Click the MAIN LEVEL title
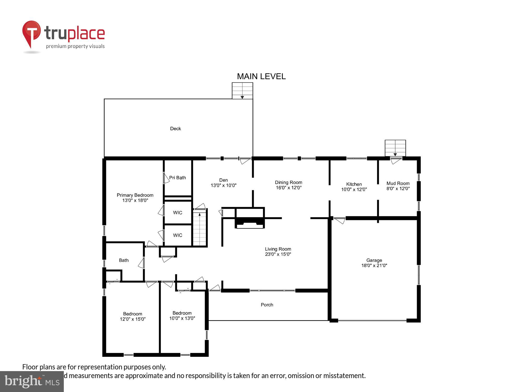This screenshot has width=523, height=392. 261,76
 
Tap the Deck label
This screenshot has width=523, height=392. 175,129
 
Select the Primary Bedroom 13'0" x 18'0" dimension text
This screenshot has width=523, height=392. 135,200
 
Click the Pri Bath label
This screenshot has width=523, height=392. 177,178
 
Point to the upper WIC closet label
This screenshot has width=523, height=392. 178,213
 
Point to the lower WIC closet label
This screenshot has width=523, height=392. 178,235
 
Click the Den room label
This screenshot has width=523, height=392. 223,180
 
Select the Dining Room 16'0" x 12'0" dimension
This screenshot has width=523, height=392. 288,188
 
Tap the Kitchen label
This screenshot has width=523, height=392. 354,184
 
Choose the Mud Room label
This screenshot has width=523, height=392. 398,183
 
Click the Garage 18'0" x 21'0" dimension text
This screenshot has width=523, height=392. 374,266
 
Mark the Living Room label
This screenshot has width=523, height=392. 278,249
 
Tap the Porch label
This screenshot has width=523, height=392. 267,305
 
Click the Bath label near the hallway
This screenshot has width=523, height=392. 124,260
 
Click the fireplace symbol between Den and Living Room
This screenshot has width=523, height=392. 250,222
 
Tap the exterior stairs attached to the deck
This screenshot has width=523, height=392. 242,91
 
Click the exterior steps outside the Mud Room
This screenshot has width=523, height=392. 395,148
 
